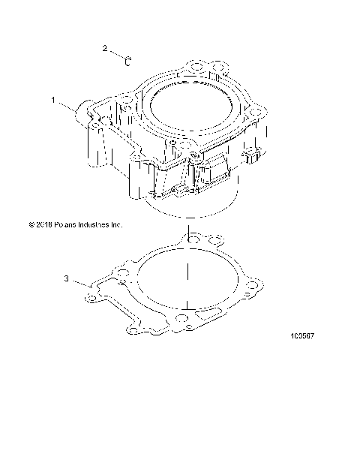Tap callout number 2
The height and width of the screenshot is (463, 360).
click(106, 49)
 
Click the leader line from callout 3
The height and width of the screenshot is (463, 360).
click(80, 282)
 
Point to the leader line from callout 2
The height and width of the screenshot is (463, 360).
click(117, 53)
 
